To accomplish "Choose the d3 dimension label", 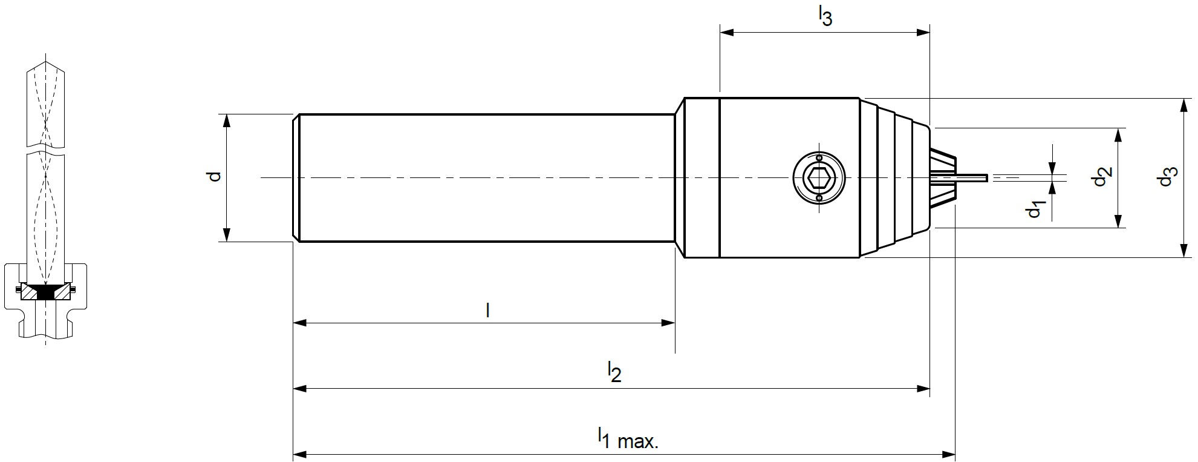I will point(1168,176).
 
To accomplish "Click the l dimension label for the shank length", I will point(487,310).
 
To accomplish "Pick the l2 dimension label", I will point(614,372).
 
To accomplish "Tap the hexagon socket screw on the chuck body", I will point(819,177).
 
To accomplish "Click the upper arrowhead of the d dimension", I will point(227,120).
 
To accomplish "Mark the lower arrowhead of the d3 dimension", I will point(1183,251).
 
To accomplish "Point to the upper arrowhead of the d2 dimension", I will point(1119,134).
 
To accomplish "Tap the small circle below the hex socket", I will point(819,197).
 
